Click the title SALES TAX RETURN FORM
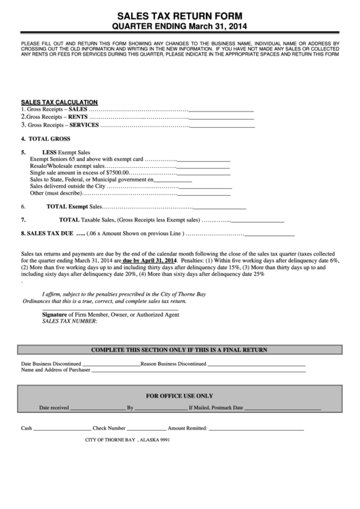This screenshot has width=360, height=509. pyautogui.click(x=179, y=14)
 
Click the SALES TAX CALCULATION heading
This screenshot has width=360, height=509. pyautogui.click(x=59, y=101)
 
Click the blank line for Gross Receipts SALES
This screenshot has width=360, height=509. pyautogui.click(x=221, y=109)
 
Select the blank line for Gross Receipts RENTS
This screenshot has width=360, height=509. pyautogui.click(x=221, y=117)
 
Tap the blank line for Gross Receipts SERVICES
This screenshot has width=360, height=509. pyautogui.click(x=221, y=126)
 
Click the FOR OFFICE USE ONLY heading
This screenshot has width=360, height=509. pyautogui.click(x=179, y=395)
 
